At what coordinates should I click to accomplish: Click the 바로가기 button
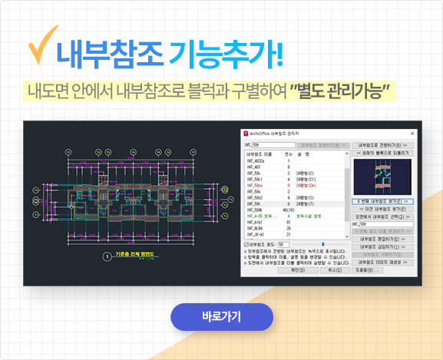coord(221,316)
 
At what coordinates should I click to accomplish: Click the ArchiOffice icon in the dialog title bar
coord(246,134)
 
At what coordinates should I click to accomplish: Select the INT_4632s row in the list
coord(256,160)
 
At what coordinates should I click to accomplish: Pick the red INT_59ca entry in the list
coord(255,185)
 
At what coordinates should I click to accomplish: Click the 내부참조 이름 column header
coord(260,153)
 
